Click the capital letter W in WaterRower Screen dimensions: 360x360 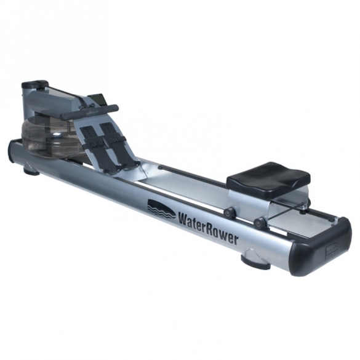(x=184, y=220)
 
